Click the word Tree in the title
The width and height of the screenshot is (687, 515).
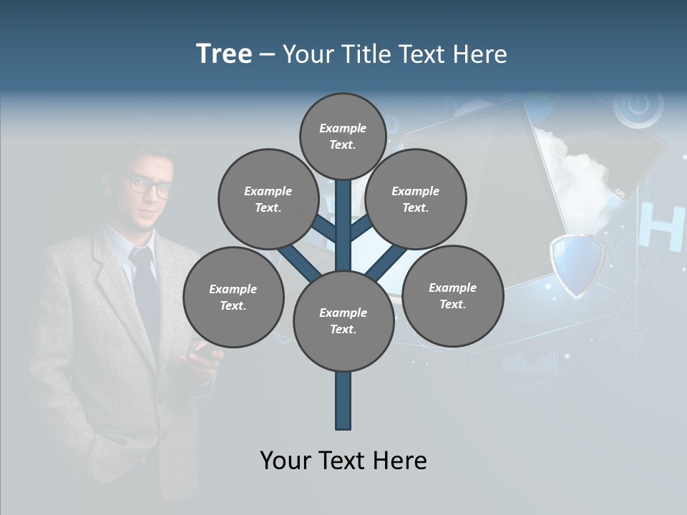pyautogui.click(x=224, y=54)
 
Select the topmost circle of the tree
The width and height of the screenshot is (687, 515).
pyautogui.click(x=343, y=136)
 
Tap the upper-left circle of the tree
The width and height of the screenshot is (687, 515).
pyautogui.click(x=268, y=199)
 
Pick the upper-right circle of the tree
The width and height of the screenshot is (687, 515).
pyautogui.click(x=416, y=199)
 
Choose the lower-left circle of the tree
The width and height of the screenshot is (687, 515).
pyautogui.click(x=233, y=297)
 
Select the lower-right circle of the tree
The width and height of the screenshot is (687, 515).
pyautogui.click(x=452, y=295)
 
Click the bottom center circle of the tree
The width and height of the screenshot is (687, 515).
pyautogui.click(x=343, y=320)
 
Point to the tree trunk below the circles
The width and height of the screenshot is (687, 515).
pyautogui.click(x=343, y=401)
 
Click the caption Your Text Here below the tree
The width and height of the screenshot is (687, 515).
pyautogui.click(x=343, y=461)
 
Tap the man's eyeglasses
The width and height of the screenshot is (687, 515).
pyautogui.click(x=151, y=186)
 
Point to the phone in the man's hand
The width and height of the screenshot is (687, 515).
pyautogui.click(x=202, y=350)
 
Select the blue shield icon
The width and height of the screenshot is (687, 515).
pyautogui.click(x=577, y=265)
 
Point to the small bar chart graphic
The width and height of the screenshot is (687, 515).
pyautogui.click(x=530, y=363)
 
